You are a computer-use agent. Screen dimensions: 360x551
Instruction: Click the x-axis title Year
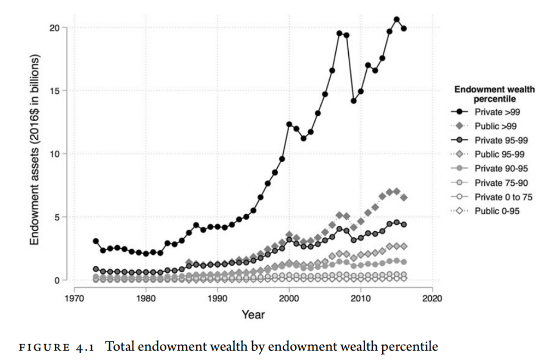point(253,314)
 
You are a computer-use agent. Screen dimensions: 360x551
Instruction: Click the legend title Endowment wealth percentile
point(495,94)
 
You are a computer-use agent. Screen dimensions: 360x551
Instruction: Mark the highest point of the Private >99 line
point(396,19)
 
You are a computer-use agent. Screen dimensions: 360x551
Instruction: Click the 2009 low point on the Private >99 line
point(353,101)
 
